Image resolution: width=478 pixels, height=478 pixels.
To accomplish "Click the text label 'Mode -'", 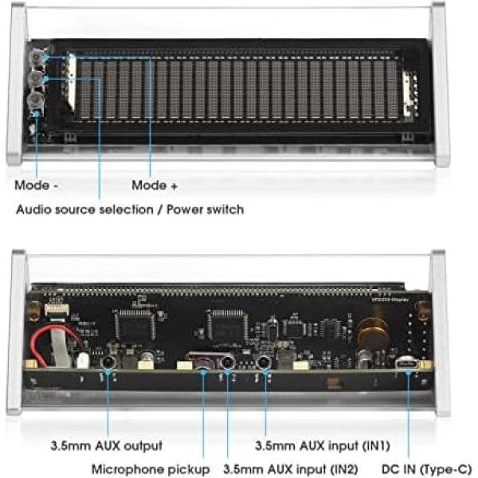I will click(x=37, y=186).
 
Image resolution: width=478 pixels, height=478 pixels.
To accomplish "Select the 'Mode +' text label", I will click(x=155, y=186).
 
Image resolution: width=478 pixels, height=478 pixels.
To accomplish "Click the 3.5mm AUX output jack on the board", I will click(x=108, y=362).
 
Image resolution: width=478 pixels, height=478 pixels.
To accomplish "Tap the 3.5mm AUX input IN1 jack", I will click(x=263, y=362).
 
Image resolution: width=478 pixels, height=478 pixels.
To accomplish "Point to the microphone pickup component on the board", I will click(x=204, y=365).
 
